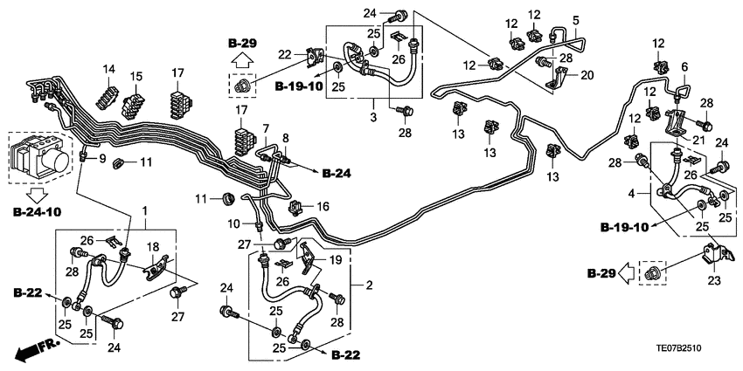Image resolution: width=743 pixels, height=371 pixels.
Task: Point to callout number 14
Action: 109,69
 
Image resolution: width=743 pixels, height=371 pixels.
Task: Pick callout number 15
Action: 137,77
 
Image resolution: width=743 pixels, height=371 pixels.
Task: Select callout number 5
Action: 576,19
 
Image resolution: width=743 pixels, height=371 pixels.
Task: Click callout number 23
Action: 715,281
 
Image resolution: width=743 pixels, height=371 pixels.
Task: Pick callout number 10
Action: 234,224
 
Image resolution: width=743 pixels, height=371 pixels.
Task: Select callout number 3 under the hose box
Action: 372,115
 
